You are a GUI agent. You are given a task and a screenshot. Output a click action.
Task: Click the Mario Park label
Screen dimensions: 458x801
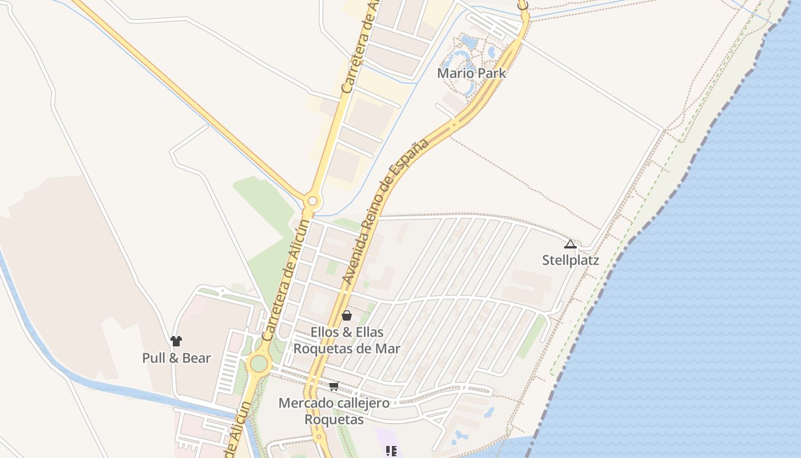(x=471, y=73)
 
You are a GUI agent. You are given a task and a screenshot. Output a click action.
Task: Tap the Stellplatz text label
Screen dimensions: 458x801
(x=570, y=260)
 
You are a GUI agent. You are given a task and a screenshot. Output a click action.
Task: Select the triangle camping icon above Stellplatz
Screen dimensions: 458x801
(x=570, y=244)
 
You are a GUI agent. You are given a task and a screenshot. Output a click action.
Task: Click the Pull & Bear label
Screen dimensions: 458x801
(x=176, y=358)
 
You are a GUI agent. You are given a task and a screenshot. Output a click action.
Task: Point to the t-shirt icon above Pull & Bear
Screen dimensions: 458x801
(x=176, y=341)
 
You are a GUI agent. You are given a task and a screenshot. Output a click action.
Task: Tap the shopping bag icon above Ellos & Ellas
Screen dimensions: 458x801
(x=346, y=315)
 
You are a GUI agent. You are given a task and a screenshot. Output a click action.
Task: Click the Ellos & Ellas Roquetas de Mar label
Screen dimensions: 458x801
(x=347, y=340)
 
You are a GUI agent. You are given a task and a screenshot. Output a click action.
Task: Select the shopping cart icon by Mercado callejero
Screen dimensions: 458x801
(x=334, y=386)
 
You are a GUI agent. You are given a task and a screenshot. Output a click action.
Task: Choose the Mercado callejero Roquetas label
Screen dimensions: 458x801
(x=334, y=411)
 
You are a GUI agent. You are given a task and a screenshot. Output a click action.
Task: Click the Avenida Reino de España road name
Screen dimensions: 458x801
(x=386, y=211)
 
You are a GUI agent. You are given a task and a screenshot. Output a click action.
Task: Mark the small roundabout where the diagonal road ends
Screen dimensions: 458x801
(x=312, y=201)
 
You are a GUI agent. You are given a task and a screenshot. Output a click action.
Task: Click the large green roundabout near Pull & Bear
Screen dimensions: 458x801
(x=259, y=363)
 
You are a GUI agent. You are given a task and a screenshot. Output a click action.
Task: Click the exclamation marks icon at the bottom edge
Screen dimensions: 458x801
(x=391, y=451)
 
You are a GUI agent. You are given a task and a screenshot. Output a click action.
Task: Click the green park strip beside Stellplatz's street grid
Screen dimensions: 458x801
(x=532, y=337)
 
